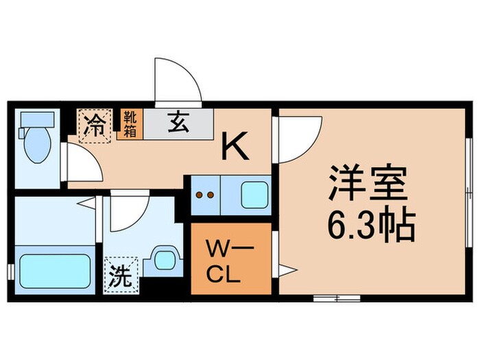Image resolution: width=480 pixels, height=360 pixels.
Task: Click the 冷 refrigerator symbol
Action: point(95,126)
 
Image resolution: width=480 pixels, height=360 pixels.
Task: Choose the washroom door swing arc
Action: point(127,213)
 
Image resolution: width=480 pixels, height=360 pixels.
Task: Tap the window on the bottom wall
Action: point(336,298)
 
